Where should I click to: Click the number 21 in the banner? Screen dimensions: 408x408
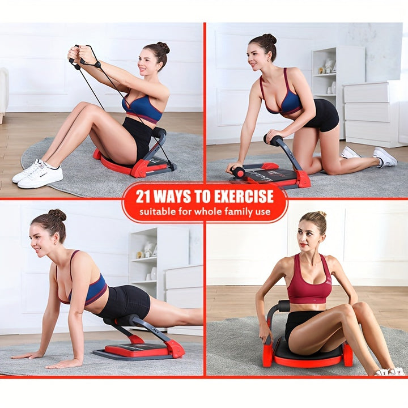point(143,196)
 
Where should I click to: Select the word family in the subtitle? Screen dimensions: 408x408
point(239,212)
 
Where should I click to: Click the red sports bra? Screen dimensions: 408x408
point(309,281)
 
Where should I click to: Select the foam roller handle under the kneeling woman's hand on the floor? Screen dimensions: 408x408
point(237,172)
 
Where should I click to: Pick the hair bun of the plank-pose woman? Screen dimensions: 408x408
point(57,215)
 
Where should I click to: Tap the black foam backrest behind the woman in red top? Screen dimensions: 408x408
point(284,306)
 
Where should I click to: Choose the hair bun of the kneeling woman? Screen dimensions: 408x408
point(269,39)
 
